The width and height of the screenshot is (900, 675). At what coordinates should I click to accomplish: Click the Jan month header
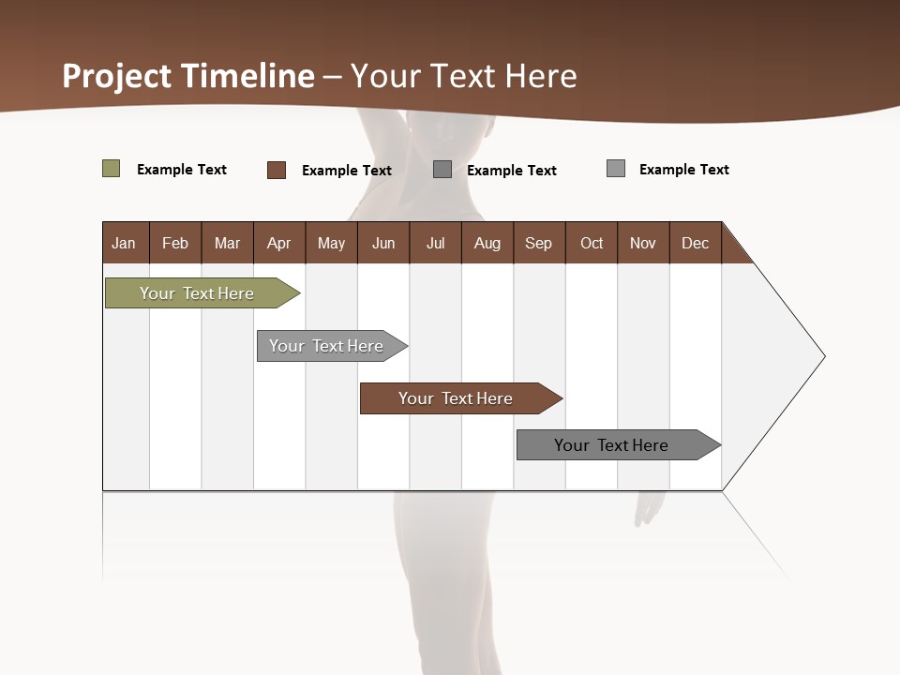pos(125,243)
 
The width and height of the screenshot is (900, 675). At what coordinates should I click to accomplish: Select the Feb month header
pos(175,243)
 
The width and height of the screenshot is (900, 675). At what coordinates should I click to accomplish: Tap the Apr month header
pos(279,243)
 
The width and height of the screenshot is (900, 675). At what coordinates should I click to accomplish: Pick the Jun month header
pos(383,243)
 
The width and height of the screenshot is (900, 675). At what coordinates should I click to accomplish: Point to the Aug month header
pos(487,243)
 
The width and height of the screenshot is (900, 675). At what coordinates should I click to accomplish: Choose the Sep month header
pos(539,243)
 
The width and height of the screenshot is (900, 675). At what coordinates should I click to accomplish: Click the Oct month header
pos(592,243)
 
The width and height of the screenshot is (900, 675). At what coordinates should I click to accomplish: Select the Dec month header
pos(696,243)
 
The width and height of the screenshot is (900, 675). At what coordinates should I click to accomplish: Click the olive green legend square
pos(111,169)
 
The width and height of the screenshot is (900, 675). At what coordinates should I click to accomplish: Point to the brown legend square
pos(277,170)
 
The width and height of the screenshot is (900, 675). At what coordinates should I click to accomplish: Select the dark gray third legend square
pos(442,170)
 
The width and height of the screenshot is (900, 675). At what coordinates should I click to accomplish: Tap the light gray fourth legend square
pos(616,169)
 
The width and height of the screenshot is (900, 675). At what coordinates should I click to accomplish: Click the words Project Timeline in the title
pos(188,76)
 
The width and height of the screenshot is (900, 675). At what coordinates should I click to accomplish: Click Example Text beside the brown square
pos(347,171)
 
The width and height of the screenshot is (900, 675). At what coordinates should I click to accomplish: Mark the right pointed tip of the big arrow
pos(822,356)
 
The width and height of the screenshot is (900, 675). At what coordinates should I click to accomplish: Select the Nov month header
pos(643,243)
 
